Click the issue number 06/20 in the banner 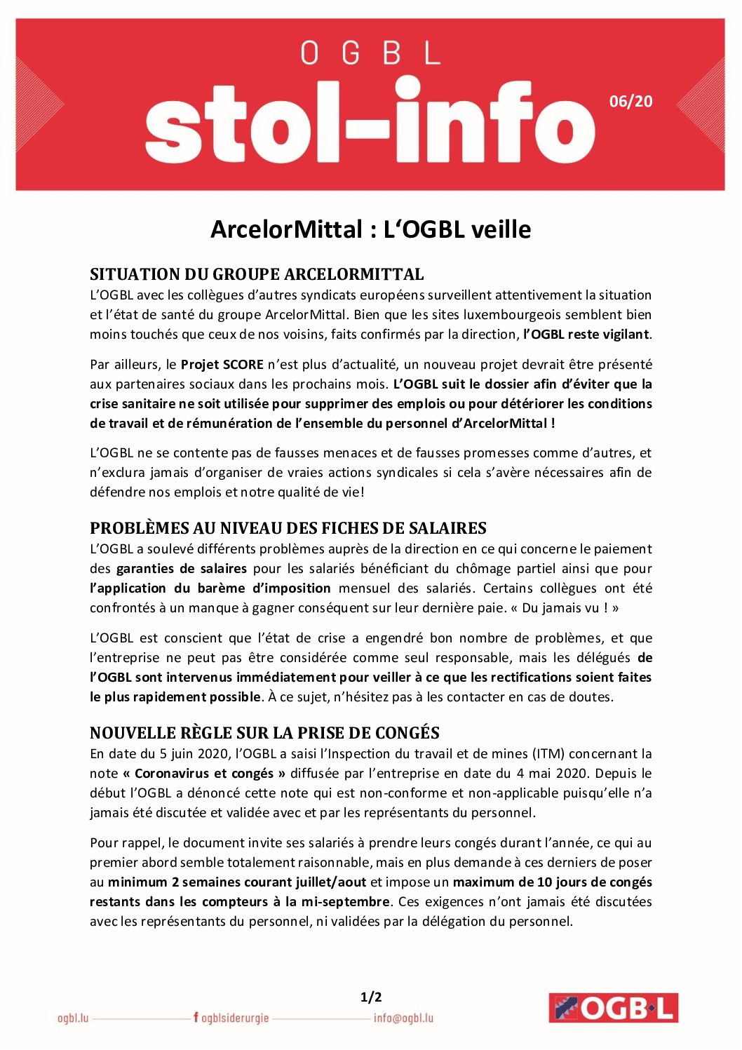(x=630, y=102)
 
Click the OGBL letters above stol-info (x=370, y=53)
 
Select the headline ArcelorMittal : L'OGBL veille (x=370, y=229)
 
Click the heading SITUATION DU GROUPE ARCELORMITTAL (x=257, y=274)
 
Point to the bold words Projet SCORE (x=222, y=365)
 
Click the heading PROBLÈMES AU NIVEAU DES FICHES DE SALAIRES (x=288, y=528)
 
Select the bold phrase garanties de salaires (x=182, y=569)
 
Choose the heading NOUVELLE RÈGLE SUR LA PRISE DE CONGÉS (x=264, y=733)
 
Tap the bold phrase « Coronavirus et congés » (x=204, y=774)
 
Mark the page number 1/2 (x=371, y=997)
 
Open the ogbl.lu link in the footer (x=73, y=1018)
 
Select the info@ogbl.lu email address (x=403, y=1018)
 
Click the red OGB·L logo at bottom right (x=613, y=1008)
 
